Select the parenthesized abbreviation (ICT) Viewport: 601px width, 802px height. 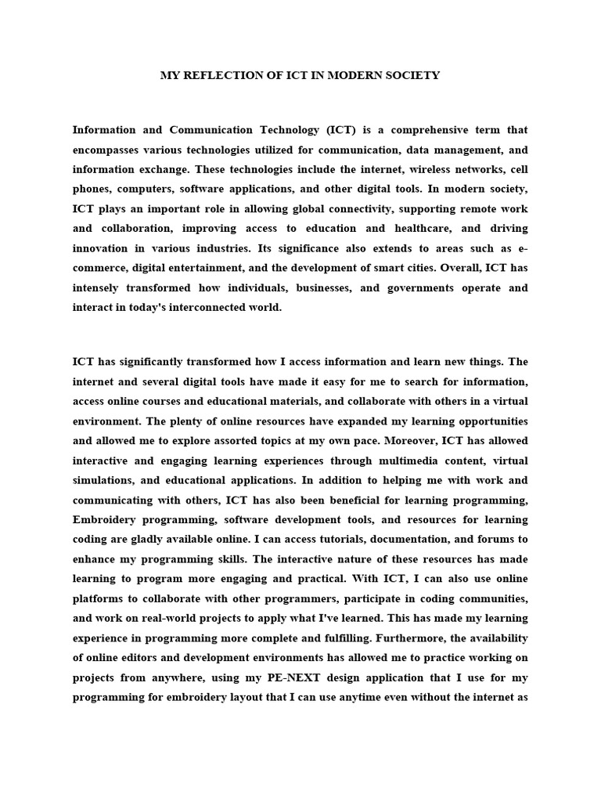tap(303, 130)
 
